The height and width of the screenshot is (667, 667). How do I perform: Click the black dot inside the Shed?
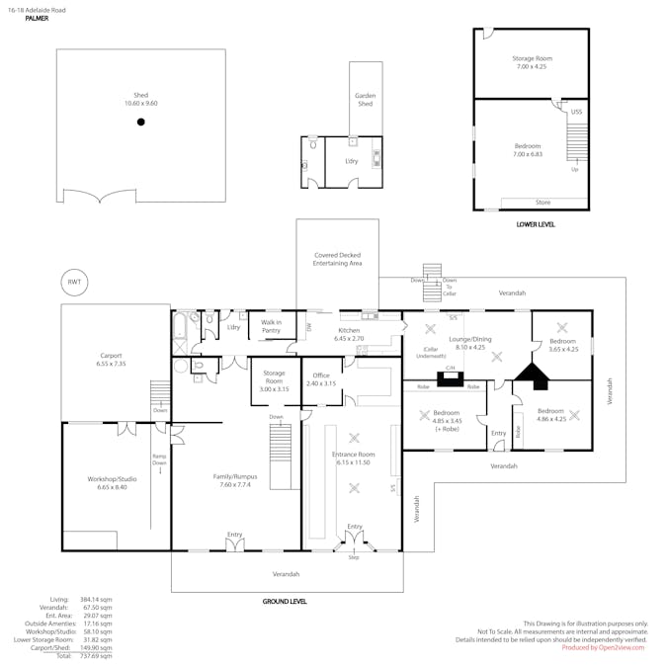click(x=141, y=122)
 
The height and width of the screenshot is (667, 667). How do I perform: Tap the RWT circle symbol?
click(x=74, y=282)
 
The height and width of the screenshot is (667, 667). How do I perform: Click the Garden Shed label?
click(x=366, y=100)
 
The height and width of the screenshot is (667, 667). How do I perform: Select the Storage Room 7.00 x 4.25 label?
click(x=532, y=62)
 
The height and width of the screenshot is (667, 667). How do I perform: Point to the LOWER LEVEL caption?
click(x=535, y=224)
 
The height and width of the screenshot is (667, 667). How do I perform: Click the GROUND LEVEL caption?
click(x=285, y=601)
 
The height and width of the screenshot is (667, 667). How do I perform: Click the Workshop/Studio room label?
click(x=113, y=483)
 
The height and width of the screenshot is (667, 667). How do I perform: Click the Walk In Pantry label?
click(x=271, y=326)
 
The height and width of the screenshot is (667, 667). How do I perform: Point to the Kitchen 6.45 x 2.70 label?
click(x=350, y=334)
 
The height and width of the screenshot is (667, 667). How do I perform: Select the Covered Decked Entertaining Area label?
click(x=337, y=259)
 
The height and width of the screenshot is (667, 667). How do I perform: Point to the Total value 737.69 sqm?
click(x=97, y=655)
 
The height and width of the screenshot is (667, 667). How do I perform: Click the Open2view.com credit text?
click(x=603, y=647)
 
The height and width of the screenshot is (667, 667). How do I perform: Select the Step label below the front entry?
click(x=353, y=558)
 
